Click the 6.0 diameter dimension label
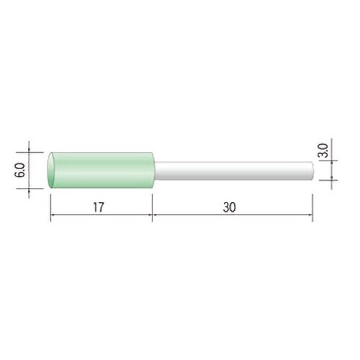[x=19, y=170]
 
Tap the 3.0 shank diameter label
[x=323, y=150]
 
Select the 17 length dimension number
[x=99, y=207]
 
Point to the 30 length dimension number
[x=230, y=207]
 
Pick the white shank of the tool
[x=234, y=171]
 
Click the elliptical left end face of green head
[x=51, y=170]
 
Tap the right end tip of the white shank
[x=313, y=171]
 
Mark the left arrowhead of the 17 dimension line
[x=52, y=215]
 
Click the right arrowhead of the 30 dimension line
[x=311, y=215]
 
